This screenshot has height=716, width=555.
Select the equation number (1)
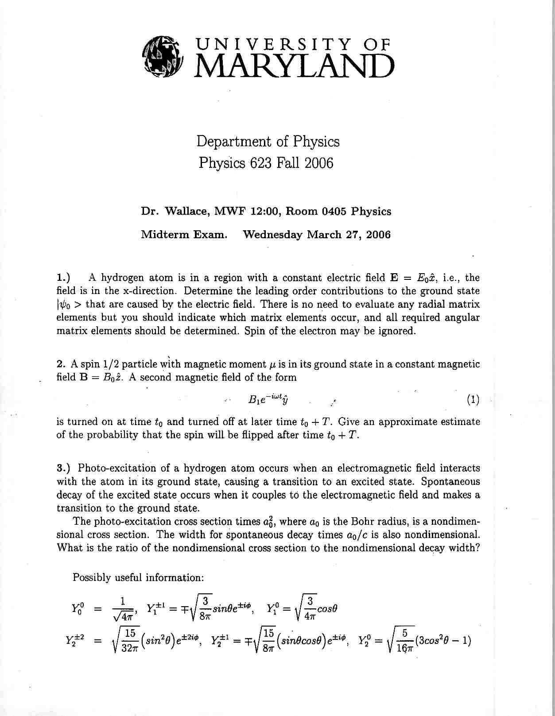[473, 400]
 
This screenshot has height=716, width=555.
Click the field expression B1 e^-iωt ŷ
[268, 399]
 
